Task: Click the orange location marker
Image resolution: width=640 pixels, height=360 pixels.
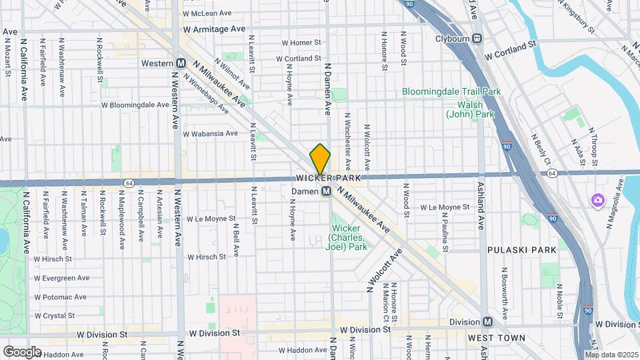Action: (x=320, y=160)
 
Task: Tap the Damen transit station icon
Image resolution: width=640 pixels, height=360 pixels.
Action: (x=327, y=192)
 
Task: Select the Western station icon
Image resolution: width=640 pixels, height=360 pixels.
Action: (x=181, y=63)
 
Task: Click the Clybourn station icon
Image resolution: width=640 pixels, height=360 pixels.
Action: (x=477, y=38)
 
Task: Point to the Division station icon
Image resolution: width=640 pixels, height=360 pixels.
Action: (x=488, y=322)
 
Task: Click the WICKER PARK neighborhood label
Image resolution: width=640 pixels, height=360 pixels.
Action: (x=328, y=179)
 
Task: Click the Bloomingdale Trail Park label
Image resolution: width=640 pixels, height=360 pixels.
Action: (x=451, y=91)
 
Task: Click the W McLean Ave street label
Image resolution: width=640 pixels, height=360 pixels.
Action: (x=207, y=13)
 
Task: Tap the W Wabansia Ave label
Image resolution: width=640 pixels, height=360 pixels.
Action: (x=210, y=133)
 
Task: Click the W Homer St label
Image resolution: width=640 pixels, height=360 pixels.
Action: (x=301, y=43)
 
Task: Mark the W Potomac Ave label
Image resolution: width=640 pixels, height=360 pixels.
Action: (x=61, y=297)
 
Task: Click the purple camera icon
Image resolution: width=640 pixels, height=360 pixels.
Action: (x=598, y=200)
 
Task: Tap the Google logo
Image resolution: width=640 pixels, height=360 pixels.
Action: (x=22, y=351)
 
